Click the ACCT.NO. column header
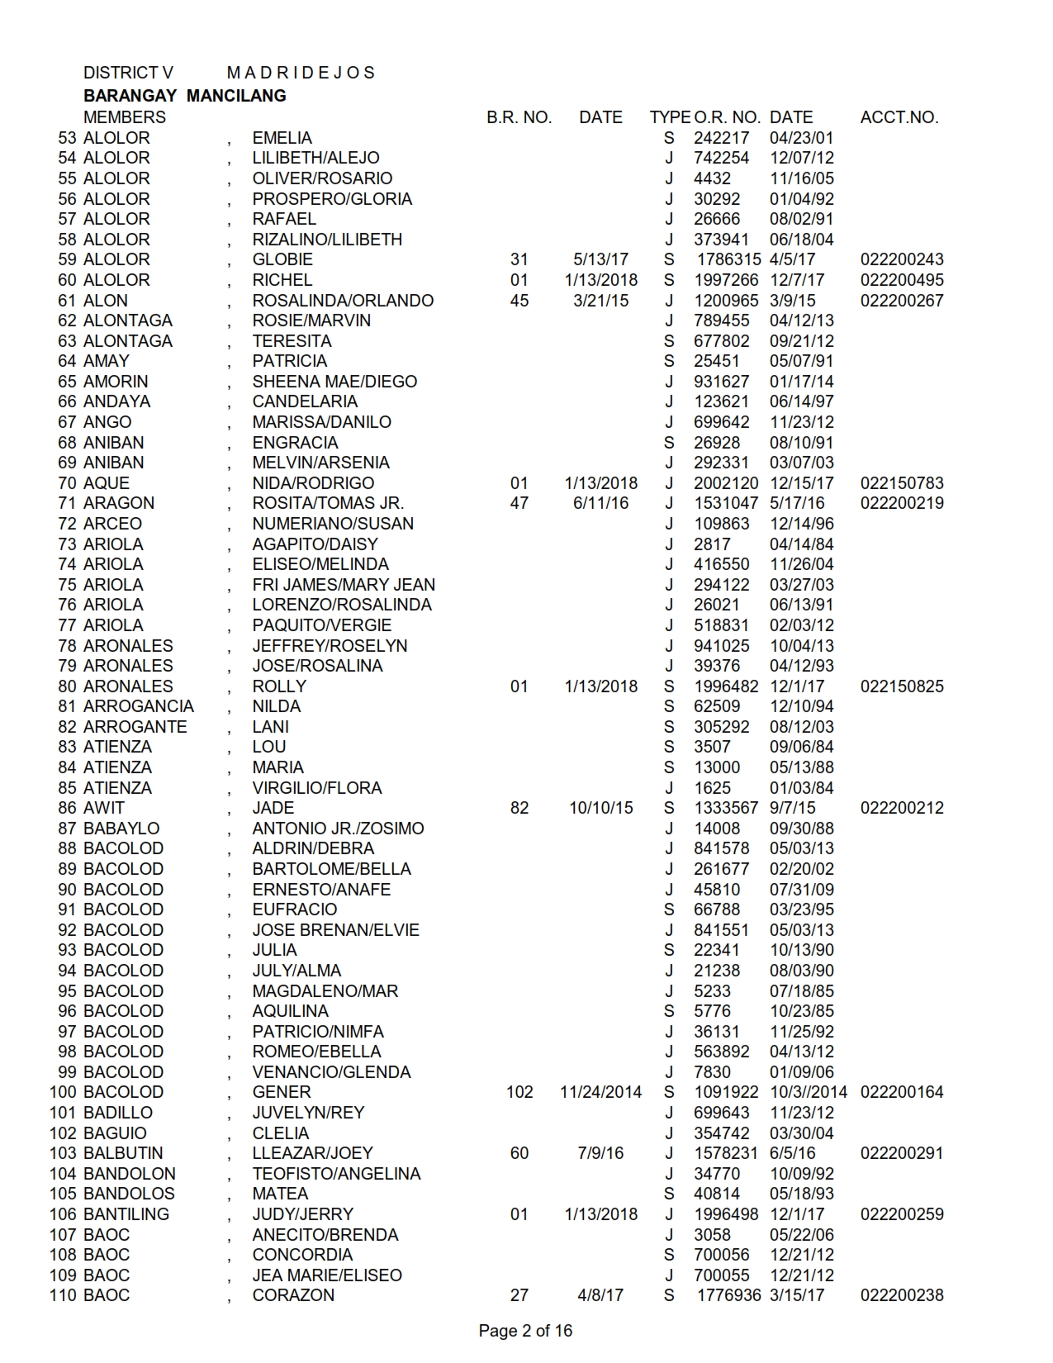click(899, 117)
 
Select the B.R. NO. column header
click(519, 117)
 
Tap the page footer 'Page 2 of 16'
click(525, 1331)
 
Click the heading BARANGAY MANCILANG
click(185, 96)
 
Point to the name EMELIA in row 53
click(282, 138)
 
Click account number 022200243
click(902, 259)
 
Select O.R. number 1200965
click(726, 301)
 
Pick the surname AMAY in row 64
click(107, 361)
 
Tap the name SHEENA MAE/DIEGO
click(334, 382)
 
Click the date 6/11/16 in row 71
click(600, 503)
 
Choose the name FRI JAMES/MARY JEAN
click(344, 585)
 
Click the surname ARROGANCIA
click(139, 706)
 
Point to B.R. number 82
click(519, 808)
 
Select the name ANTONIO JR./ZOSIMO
click(338, 829)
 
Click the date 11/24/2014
click(600, 1092)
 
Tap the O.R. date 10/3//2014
click(809, 1092)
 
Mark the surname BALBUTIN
click(124, 1153)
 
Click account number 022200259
click(902, 1214)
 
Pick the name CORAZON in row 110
click(293, 1295)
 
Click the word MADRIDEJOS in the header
click(301, 73)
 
